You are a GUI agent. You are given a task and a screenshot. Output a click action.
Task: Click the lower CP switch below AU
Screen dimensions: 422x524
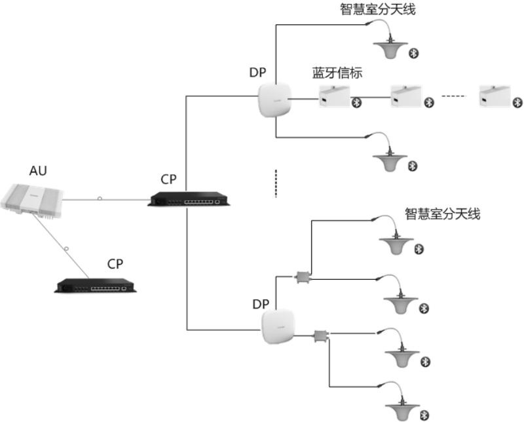tap(92, 285)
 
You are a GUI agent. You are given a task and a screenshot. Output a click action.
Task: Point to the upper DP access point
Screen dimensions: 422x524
tap(273, 100)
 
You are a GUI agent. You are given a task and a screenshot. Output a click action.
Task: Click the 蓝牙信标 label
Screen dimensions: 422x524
tap(337, 73)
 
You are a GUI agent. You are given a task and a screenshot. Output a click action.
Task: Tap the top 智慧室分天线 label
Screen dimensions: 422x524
tap(378, 9)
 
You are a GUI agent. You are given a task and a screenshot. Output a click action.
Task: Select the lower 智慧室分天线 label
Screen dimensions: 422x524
tap(443, 214)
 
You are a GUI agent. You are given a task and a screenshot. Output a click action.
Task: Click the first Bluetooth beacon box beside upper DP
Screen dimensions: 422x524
tap(335, 96)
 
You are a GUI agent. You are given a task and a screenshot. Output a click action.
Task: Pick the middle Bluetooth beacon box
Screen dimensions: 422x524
tap(407, 96)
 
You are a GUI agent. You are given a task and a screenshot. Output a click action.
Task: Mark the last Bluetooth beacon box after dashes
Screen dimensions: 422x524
tap(496, 96)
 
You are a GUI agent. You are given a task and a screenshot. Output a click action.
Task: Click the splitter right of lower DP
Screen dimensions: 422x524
tap(322, 336)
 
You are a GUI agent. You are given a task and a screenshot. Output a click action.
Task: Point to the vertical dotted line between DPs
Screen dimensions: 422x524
tap(276, 183)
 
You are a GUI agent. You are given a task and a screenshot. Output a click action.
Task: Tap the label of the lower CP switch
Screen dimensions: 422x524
tap(115, 263)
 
